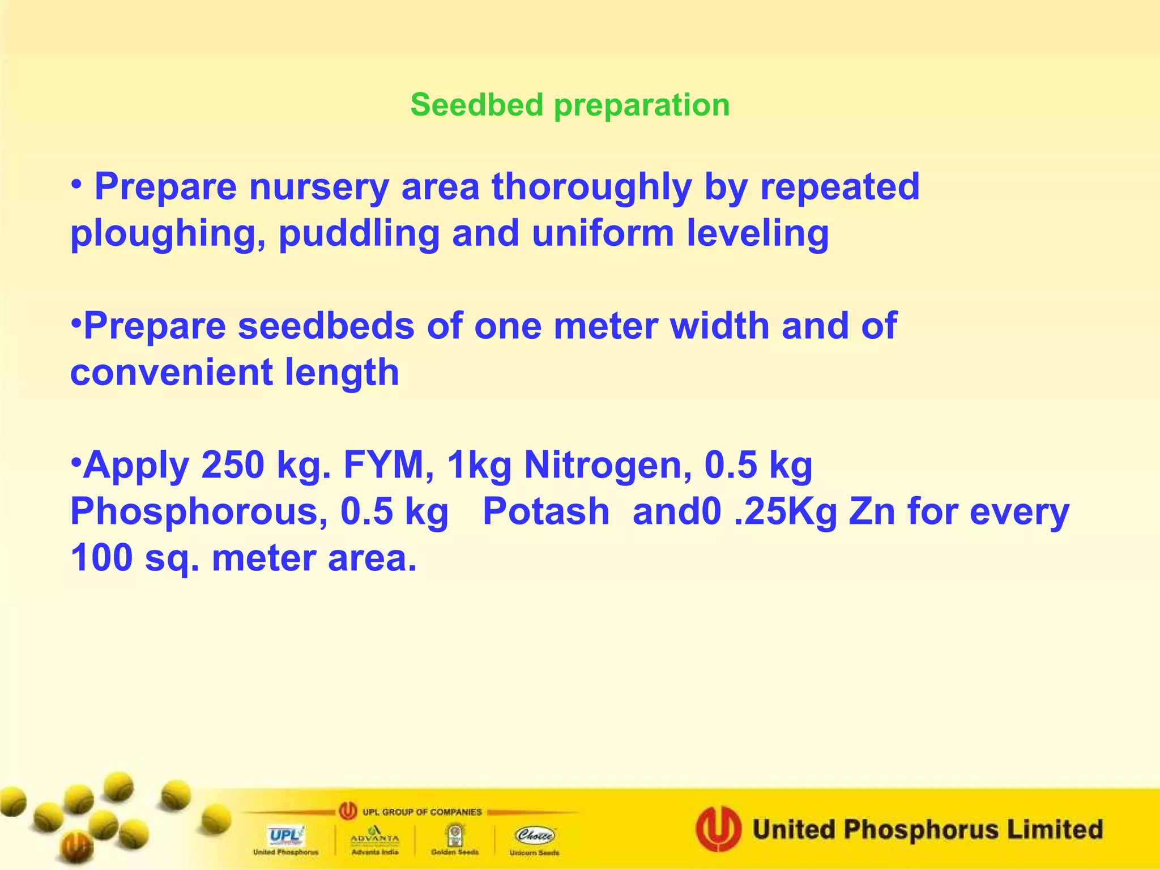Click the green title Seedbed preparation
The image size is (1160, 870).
[x=570, y=105]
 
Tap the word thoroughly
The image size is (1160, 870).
[x=591, y=187]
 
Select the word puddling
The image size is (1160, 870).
[x=359, y=233]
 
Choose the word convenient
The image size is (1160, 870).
[x=172, y=372]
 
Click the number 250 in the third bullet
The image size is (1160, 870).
[x=232, y=465]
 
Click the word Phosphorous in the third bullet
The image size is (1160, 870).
[x=199, y=511]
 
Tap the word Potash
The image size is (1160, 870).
[x=546, y=511]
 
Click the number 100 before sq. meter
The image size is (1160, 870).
[x=101, y=558]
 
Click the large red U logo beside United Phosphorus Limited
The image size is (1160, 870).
[x=718, y=829]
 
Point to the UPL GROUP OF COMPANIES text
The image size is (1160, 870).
[x=421, y=812]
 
